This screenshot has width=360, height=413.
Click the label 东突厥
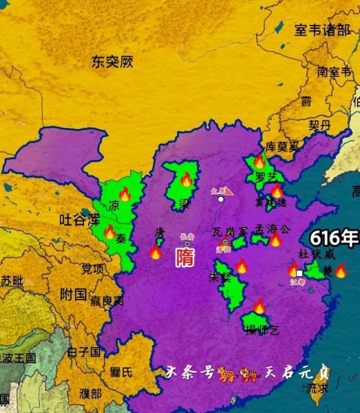(112, 62)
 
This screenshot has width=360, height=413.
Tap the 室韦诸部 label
(322, 30)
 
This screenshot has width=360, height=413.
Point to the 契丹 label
(320, 125)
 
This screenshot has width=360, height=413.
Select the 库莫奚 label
(283, 147)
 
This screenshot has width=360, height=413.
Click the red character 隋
(184, 258)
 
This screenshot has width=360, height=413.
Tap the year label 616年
(334, 239)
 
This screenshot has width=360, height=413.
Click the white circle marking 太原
(220, 199)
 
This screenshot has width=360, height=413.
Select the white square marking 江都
(299, 273)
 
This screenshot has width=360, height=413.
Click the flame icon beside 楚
(341, 271)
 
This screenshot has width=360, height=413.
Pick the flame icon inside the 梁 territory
(186, 180)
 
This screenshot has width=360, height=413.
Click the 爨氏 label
(121, 372)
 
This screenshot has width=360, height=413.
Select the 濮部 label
(90, 394)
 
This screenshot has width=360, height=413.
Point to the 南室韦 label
(335, 71)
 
